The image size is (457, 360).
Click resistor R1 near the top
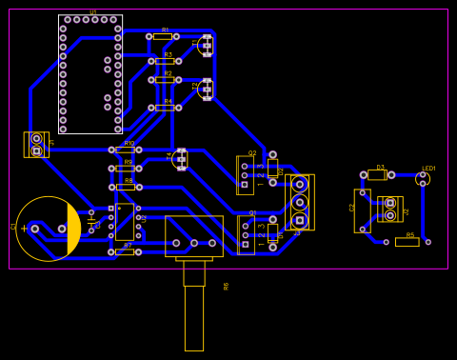pos(163,36)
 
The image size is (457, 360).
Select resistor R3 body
pos(165,61)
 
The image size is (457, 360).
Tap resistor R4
pos(165,108)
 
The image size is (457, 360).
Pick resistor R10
pos(125,150)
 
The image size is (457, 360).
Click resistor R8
pos(125,187)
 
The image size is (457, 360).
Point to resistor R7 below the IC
pos(125,252)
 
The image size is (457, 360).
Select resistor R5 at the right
pos(407,242)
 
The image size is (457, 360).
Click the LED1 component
pos(423,178)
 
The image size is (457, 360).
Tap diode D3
pos(377,175)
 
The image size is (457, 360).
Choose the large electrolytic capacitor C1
pos(48,229)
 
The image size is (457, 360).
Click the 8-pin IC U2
pos(125,221)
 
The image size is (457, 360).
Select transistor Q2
pos(245,175)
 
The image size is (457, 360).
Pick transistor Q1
pos(246,234)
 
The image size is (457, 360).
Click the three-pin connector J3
pos(300,202)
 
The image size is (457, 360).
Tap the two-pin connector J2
pos(389,209)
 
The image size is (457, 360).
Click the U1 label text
pos(92,11)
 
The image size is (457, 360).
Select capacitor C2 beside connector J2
pos(362,210)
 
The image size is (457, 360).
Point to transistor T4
pos(181,159)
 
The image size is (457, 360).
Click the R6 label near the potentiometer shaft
pos(227,286)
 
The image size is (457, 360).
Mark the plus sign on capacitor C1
pos(24,229)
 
